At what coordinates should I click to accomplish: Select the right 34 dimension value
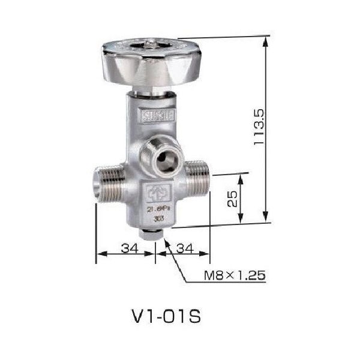[x=185, y=247]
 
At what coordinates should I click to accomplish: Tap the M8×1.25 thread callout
[x=234, y=277]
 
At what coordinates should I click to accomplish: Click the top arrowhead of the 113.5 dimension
[x=264, y=40]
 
